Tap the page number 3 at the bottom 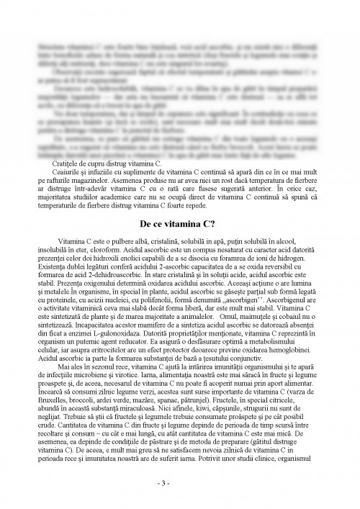click(x=179, y=483)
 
